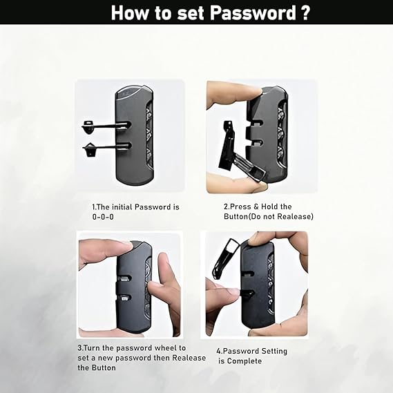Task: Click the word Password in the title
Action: click(253, 13)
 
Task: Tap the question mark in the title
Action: click(305, 12)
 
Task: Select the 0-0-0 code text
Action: click(103, 217)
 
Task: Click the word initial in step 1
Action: click(122, 207)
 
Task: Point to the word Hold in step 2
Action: click(269, 207)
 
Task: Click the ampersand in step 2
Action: click(256, 207)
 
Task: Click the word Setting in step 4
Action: click(274, 352)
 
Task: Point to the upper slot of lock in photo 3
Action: click(124, 278)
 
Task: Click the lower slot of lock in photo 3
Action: click(124, 298)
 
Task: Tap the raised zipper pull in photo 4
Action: click(224, 258)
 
